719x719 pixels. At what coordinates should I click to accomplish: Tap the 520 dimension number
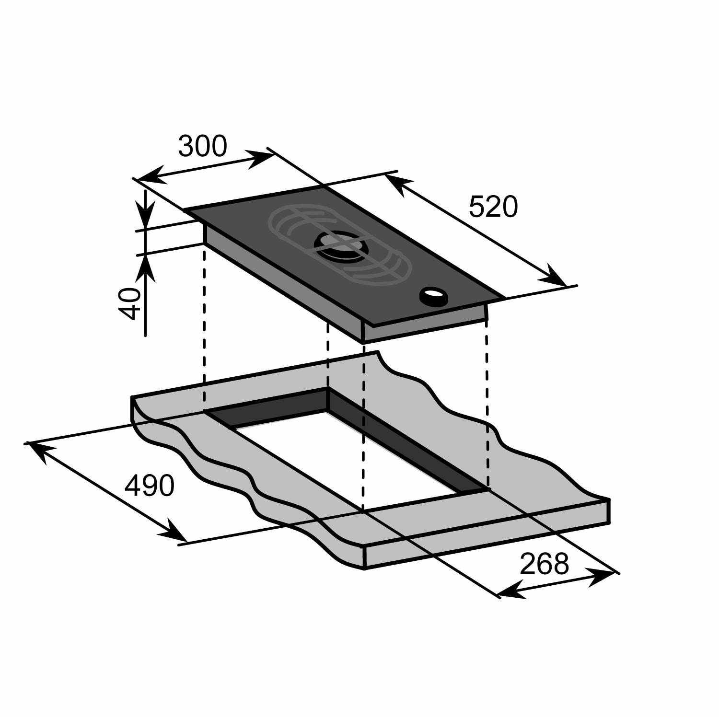coord(493,207)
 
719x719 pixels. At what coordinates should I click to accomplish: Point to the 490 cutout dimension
coord(149,486)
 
